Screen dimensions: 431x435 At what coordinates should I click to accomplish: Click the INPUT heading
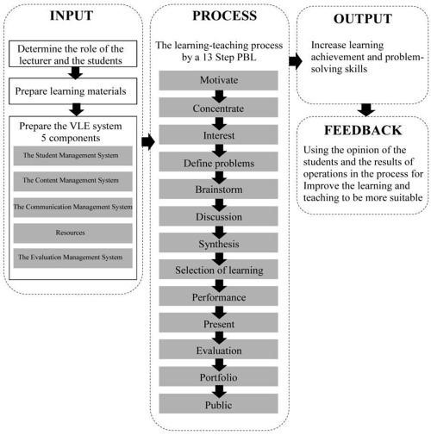click(x=72, y=16)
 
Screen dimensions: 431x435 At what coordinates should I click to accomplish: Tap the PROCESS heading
click(x=224, y=16)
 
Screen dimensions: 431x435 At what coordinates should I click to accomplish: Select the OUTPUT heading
click(x=363, y=19)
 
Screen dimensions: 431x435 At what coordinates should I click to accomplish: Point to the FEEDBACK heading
click(x=363, y=130)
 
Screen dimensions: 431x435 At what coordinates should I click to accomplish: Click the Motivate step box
click(x=218, y=80)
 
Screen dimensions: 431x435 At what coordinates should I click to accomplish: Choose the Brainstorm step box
click(x=218, y=189)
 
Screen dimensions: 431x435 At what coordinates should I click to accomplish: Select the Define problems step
click(x=218, y=162)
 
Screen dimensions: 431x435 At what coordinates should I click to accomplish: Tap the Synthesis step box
click(x=218, y=243)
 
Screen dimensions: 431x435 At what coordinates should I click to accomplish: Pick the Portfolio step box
click(x=218, y=376)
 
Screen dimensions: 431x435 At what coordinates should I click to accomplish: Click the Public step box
click(x=218, y=404)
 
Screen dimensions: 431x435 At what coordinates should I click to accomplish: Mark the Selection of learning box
click(x=218, y=270)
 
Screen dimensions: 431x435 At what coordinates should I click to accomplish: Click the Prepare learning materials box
click(x=73, y=91)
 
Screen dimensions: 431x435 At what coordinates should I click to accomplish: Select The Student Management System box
click(x=73, y=156)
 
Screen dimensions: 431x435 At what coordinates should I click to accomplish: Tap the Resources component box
click(x=73, y=233)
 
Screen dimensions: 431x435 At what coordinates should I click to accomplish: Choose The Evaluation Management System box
click(x=73, y=258)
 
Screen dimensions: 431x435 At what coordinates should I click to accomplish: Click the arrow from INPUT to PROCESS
click(x=148, y=141)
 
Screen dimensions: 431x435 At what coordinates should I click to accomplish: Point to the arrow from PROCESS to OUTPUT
click(x=296, y=61)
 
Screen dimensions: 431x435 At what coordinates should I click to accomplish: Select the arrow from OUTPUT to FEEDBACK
click(x=366, y=110)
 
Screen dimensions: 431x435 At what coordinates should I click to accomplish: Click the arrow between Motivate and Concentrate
click(x=219, y=96)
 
